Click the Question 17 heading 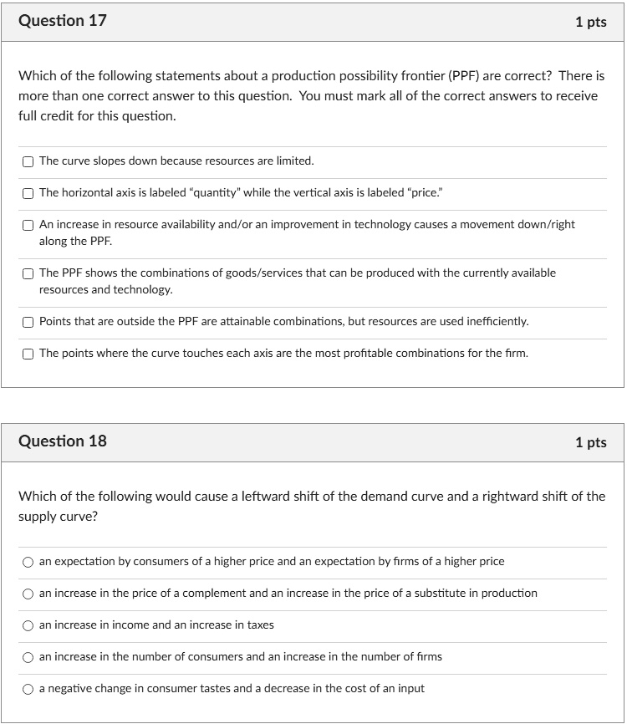(63, 21)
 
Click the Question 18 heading (63, 441)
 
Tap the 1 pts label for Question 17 (590, 23)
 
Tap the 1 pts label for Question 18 (590, 442)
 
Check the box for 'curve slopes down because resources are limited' (28, 161)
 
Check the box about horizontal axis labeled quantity (28, 193)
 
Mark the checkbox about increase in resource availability (28, 225)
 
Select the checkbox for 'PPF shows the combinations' (28, 273)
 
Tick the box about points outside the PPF (28, 322)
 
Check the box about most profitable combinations (28, 354)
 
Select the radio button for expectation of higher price (28, 563)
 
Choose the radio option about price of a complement (28, 594)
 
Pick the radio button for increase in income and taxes (28, 626)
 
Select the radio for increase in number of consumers (28, 658)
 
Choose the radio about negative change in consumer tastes (28, 690)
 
